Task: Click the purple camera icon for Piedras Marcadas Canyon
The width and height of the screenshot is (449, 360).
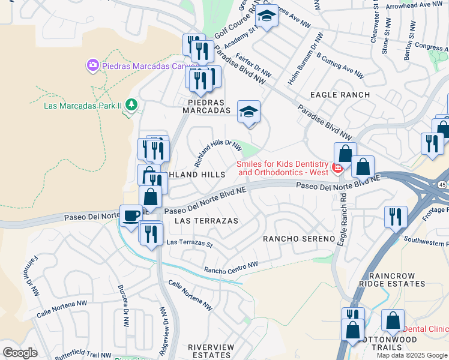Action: (92, 64)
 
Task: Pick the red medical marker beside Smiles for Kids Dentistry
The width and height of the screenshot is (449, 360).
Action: (337, 167)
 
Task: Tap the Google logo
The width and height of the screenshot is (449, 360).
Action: (20, 352)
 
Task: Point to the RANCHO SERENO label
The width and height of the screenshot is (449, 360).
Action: (298, 239)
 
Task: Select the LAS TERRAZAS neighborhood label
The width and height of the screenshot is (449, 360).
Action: (206, 221)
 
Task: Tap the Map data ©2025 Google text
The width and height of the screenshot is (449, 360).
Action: (412, 355)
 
